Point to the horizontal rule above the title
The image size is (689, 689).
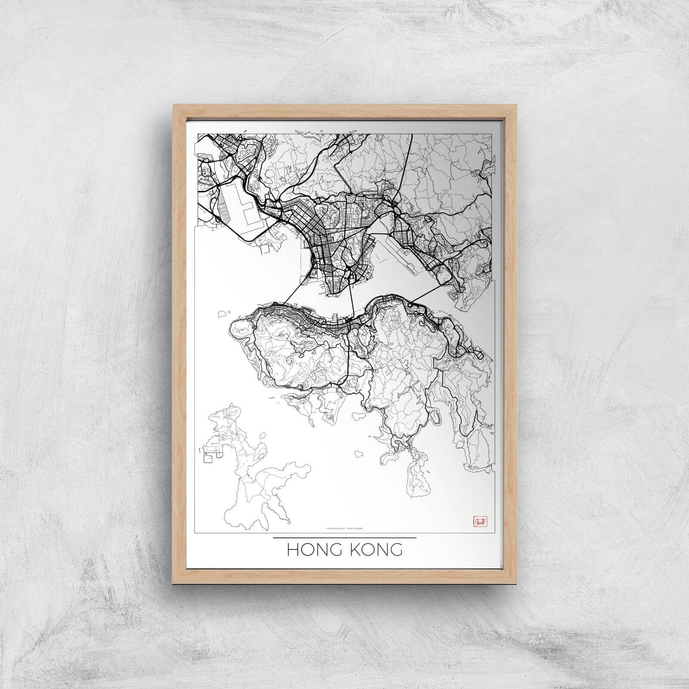coord(344,538)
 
